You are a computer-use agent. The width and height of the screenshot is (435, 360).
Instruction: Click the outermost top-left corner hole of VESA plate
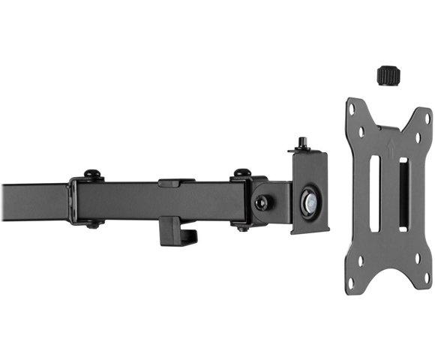[x=352, y=106]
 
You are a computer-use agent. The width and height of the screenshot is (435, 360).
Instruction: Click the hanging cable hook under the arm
[x=178, y=231]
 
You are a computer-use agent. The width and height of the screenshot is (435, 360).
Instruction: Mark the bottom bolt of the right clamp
[x=241, y=226]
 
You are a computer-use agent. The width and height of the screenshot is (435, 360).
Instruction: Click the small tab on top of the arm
[x=171, y=181]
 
